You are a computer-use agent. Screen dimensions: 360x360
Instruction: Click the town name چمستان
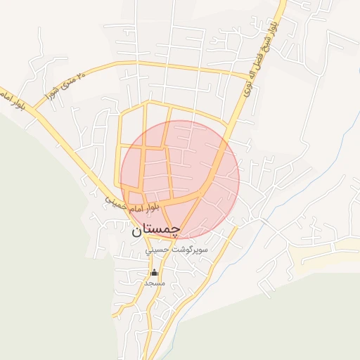pyautogui.click(x=155, y=229)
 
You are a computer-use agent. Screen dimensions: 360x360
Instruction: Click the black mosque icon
pyautogui.click(x=154, y=272)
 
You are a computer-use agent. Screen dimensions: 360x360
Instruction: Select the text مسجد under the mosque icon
pyautogui.click(x=154, y=283)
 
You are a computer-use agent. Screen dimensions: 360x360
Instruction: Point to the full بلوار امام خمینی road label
pyautogui.click(x=134, y=205)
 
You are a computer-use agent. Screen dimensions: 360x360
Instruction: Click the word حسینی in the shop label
pyautogui.click(x=157, y=250)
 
